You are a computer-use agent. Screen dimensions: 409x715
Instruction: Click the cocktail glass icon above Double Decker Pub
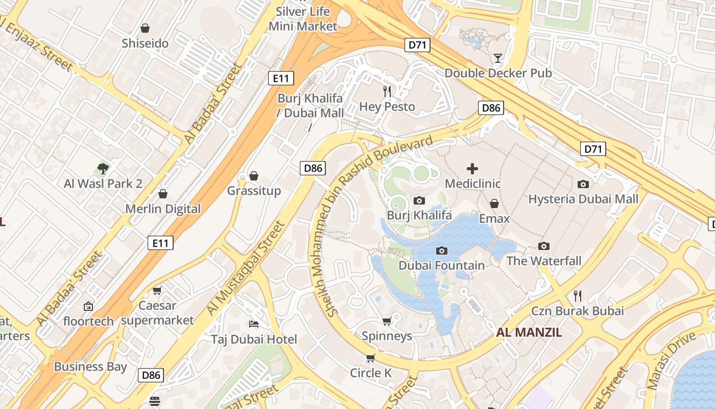point(498,58)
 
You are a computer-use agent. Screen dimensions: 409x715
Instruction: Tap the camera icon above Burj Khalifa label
point(419,200)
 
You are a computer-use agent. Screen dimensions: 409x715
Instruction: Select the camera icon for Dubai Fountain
point(442,251)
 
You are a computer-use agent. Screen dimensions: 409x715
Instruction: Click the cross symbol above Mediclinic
point(472,168)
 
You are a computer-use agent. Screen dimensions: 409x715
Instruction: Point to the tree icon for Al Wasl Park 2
point(103,168)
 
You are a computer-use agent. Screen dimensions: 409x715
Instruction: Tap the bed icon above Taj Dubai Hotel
point(254,324)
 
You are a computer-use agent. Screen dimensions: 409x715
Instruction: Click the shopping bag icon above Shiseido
point(145,28)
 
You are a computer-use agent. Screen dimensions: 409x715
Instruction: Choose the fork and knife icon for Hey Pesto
point(387,92)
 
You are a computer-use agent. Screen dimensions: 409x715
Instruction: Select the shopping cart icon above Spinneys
point(387,321)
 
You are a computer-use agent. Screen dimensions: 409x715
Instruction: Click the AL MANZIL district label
point(529,333)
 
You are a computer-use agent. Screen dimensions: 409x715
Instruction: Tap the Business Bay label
point(90,367)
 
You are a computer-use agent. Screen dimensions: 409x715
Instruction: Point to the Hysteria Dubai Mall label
point(583,199)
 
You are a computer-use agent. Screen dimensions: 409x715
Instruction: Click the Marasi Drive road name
point(672,360)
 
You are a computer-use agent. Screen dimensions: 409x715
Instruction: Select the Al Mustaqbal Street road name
point(246,267)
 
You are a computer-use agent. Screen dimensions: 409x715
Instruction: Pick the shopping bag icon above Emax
point(494,203)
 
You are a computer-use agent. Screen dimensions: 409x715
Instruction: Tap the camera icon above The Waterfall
point(544,246)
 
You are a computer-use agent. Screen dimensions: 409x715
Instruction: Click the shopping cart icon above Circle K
point(371,358)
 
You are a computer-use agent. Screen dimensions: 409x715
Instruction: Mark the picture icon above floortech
point(88,306)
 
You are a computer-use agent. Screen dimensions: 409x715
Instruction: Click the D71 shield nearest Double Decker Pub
point(417,45)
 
